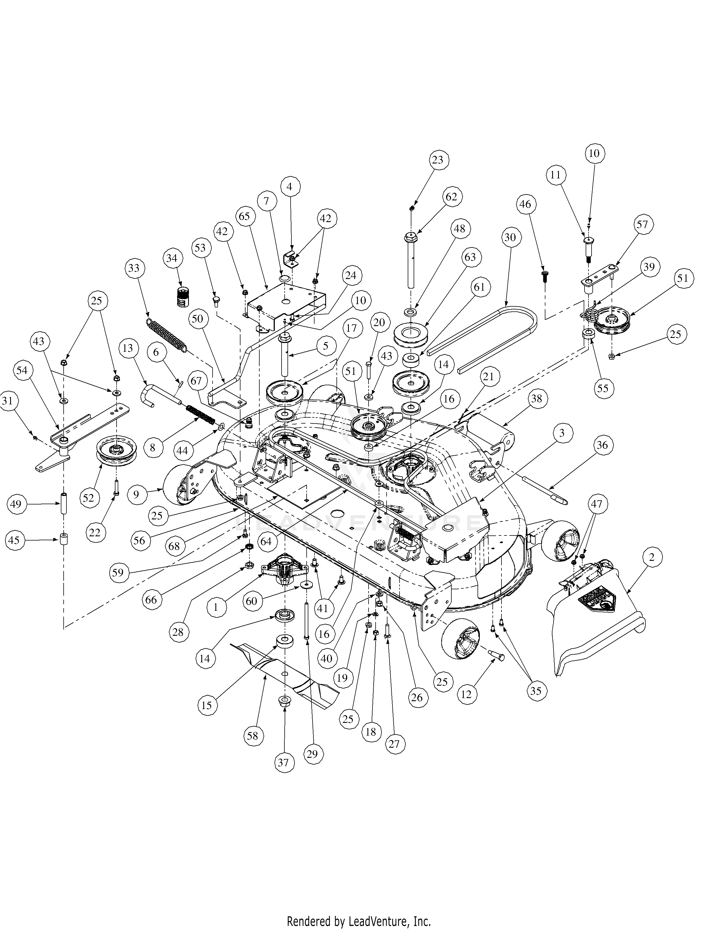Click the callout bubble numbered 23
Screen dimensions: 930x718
pos(437,160)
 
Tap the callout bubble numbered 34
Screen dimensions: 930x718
pos(171,258)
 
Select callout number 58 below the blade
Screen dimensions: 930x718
pos(253,736)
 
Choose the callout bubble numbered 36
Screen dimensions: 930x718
pos(602,445)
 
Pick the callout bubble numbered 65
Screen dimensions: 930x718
pos(244,216)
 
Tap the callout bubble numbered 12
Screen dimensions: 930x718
pos(467,694)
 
